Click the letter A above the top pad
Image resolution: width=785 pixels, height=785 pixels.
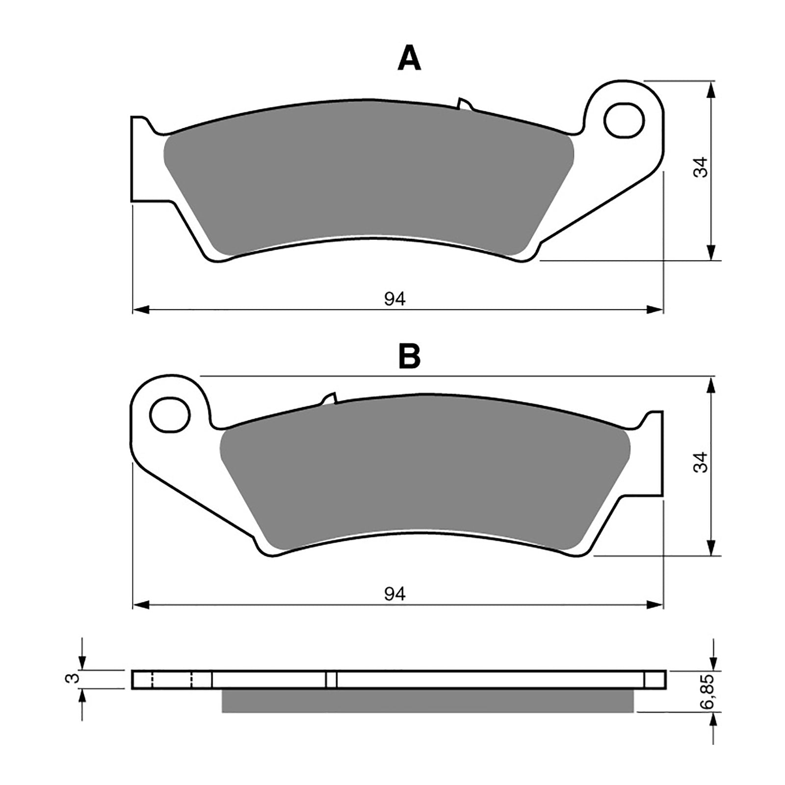tap(409, 60)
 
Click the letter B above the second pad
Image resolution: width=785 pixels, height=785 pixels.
tap(409, 357)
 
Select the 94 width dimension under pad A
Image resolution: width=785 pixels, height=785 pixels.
tap(395, 299)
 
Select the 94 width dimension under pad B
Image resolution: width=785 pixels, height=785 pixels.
tap(395, 594)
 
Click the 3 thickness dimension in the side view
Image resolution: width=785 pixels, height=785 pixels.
tap(72, 679)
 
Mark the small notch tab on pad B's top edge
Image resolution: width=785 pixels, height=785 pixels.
tap(329, 398)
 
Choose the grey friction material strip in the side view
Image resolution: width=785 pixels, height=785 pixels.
tap(427, 701)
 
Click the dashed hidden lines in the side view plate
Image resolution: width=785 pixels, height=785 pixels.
tap(172, 680)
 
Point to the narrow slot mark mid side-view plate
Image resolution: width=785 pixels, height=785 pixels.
tap(331, 680)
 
